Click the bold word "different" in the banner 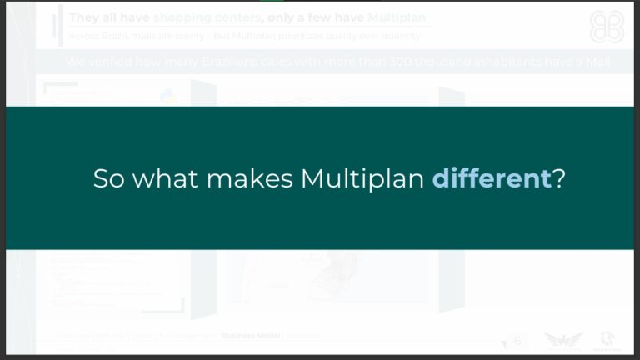coord(491,178)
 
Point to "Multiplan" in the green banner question coord(362,178)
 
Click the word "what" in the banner coord(167,178)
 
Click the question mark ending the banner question coord(559,178)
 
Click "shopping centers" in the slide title coord(207,17)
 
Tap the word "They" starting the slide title coord(84,17)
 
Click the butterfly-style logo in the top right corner coord(606,27)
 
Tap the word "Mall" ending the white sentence coord(595,62)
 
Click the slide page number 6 coord(517,340)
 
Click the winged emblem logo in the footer coord(563,339)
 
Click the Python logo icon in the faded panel coord(168,97)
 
